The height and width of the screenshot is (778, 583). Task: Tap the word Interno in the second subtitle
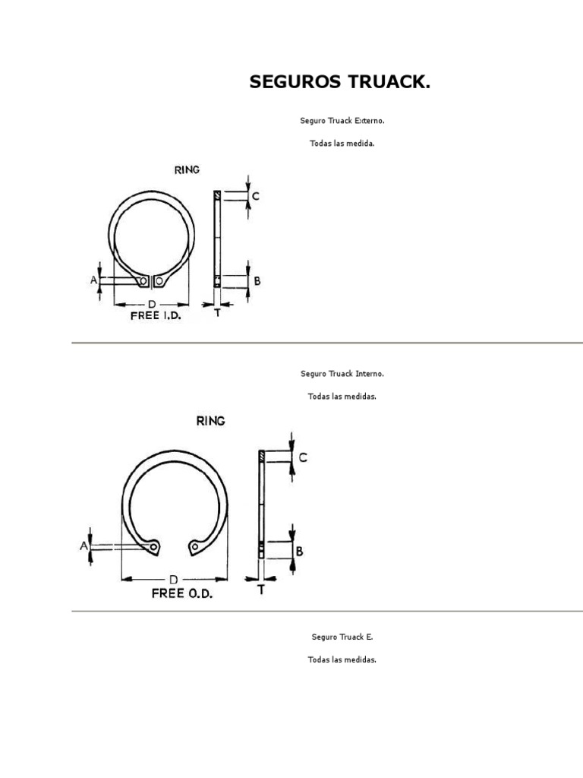tap(370, 374)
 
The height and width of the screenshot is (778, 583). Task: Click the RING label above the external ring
tap(187, 169)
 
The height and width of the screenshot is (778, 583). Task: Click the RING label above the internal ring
tap(211, 421)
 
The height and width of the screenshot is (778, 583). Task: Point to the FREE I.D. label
tap(156, 315)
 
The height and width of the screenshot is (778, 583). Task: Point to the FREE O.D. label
tap(182, 593)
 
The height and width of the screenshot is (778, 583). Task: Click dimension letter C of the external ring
tap(255, 196)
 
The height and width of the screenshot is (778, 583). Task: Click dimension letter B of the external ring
tap(257, 281)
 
